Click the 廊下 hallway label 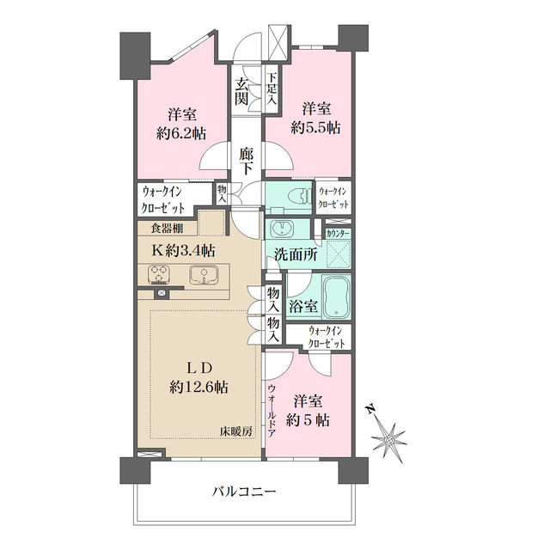coord(247,162)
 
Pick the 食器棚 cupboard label coord(166,229)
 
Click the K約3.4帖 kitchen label coord(184,251)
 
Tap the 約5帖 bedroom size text coord(308,421)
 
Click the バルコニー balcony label coord(244,492)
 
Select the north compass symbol coord(390,439)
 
